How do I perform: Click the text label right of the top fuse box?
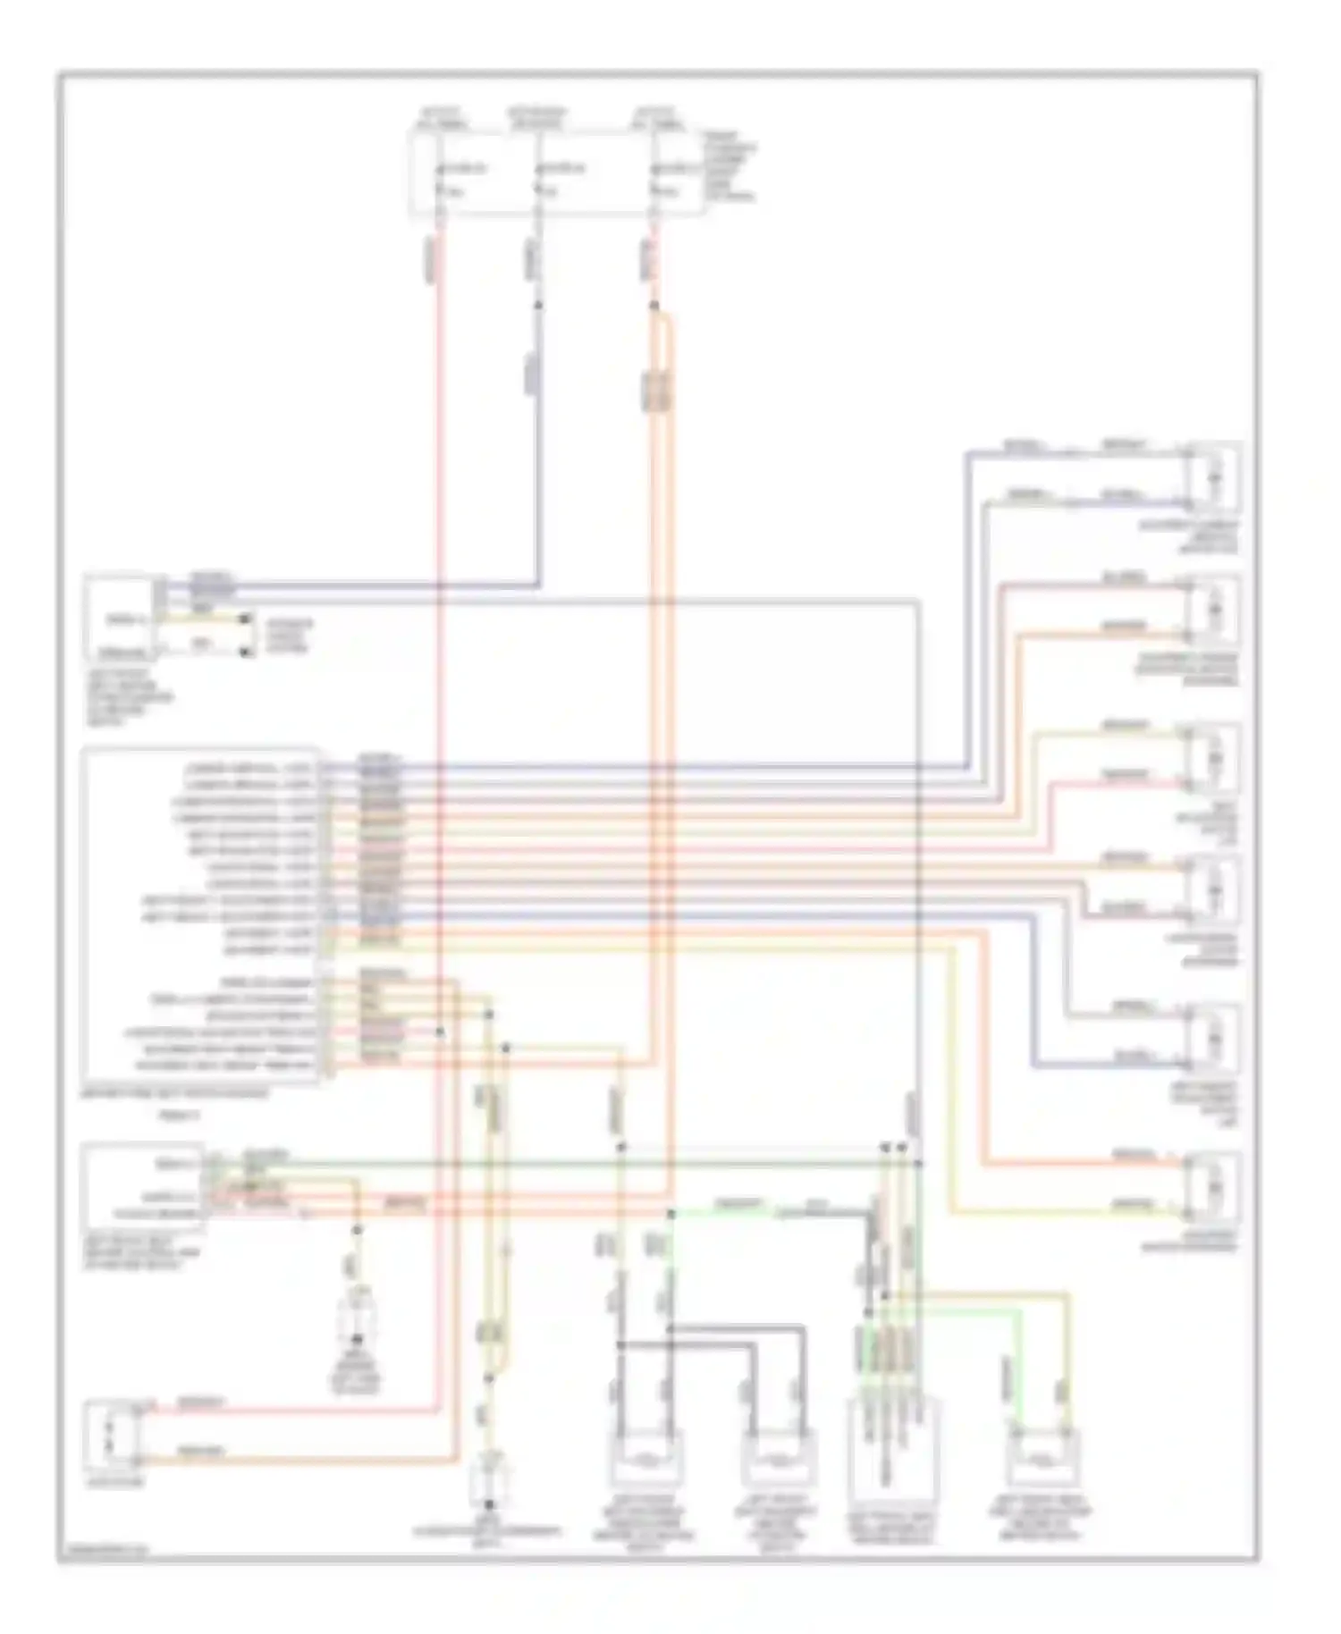tap(729, 166)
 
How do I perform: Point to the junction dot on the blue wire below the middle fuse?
tap(538, 305)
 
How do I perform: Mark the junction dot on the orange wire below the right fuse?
tap(654, 307)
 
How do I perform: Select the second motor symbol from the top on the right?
tap(1212, 611)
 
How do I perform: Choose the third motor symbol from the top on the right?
tap(1212, 759)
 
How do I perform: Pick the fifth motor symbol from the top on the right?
tap(1212, 1040)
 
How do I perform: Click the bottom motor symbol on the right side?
tap(1212, 1187)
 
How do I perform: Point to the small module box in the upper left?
tap(119, 618)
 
